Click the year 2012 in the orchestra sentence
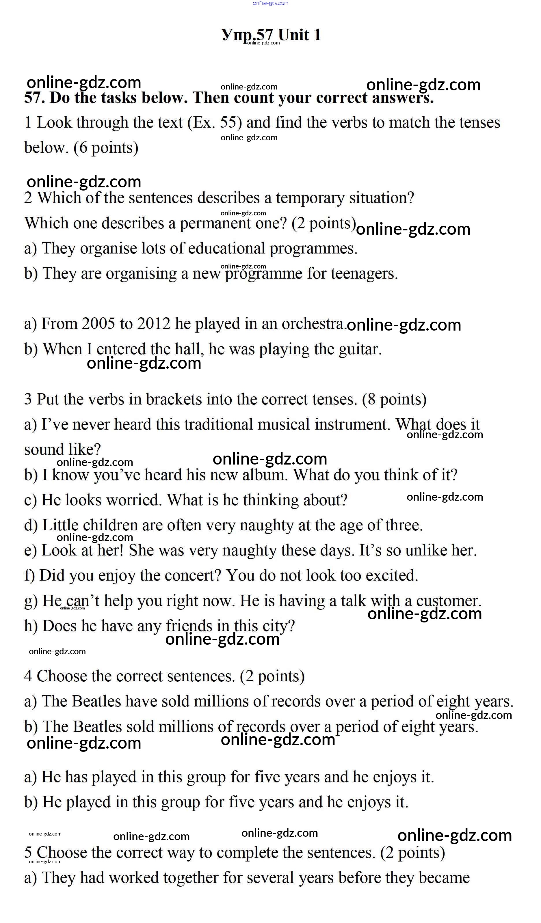tap(154, 324)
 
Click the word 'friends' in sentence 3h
tap(189, 626)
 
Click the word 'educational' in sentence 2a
tap(226, 249)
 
